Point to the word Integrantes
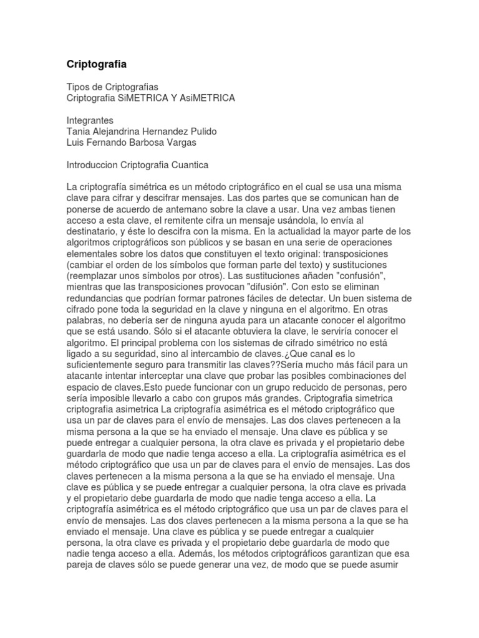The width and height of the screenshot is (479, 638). click(x=89, y=121)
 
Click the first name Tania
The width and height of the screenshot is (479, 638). click(x=78, y=132)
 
